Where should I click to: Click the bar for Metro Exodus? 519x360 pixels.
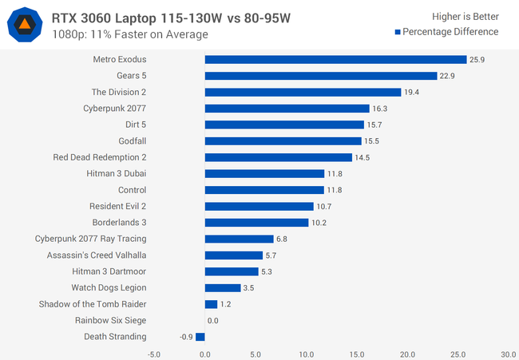[335, 60]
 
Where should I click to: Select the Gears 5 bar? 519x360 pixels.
[320, 76]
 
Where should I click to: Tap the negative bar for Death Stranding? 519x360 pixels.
[200, 337]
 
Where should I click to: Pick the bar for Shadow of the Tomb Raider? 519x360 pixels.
[211, 304]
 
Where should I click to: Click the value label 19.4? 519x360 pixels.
[412, 93]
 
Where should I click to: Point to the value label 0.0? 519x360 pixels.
[213, 321]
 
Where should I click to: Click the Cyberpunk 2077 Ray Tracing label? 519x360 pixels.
[90, 239]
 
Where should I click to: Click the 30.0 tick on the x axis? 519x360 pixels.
[509, 354]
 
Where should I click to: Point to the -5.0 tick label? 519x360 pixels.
[154, 354]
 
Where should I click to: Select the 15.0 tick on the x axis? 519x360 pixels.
[357, 354]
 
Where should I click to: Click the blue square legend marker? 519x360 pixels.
[397, 32]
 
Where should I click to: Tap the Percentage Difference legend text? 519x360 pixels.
[450, 32]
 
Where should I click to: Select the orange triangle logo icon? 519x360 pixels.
[26, 25]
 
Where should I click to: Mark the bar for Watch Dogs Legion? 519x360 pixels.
[223, 287]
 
